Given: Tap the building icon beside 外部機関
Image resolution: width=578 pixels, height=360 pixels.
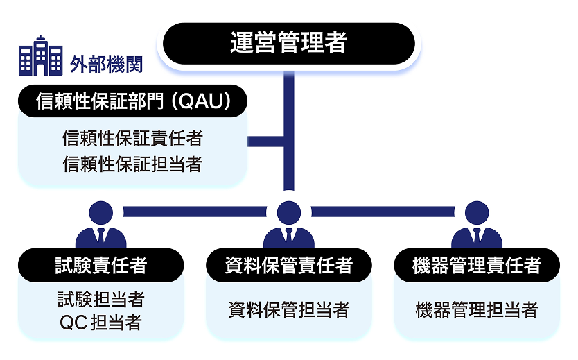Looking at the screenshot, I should point(40,56).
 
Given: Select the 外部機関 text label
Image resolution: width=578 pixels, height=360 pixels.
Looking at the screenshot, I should point(106,64).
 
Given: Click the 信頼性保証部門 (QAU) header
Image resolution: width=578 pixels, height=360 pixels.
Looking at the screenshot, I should point(132,101).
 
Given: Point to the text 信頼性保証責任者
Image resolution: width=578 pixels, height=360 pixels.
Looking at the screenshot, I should point(132,139).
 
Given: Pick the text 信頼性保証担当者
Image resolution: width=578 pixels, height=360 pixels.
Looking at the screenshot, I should point(132,164).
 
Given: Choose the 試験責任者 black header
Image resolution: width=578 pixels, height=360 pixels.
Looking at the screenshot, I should point(101,265).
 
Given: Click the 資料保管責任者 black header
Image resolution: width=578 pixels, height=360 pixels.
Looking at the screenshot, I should point(288,265).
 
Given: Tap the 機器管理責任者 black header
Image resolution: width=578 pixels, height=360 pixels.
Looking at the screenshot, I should point(476,265).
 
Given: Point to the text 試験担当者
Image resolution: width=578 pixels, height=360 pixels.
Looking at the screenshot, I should point(101,299).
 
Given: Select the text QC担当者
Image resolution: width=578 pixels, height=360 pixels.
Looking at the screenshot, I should point(101,323).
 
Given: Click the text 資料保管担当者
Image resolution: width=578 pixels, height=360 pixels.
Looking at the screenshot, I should point(288,310).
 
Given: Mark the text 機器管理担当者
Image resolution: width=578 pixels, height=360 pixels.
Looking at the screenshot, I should point(476,310).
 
